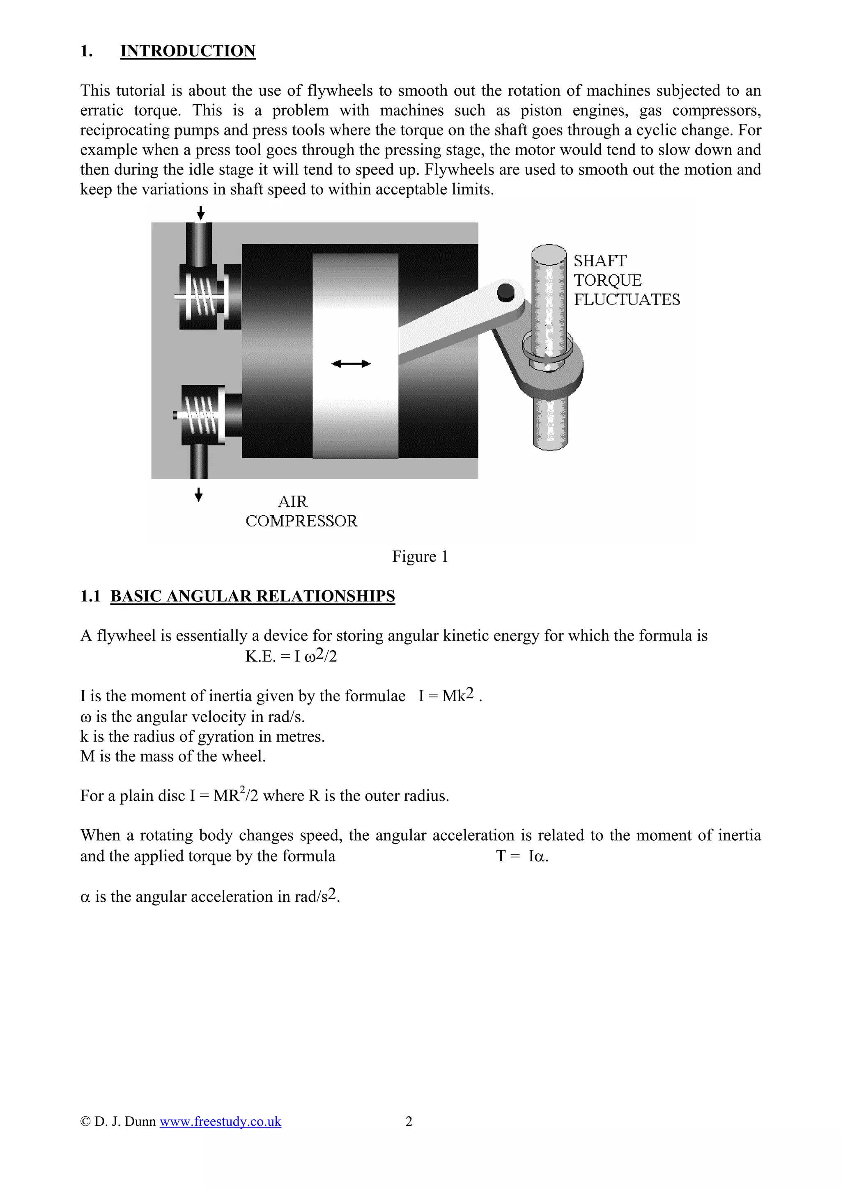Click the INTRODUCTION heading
(188, 51)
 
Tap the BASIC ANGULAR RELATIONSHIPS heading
(253, 596)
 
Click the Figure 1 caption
(420, 556)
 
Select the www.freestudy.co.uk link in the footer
(220, 1121)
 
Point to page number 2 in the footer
(409, 1121)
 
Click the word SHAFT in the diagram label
(600, 261)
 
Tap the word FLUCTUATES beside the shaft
(627, 300)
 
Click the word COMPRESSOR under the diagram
(301, 521)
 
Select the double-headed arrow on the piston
(351, 364)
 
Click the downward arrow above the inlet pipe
(201, 213)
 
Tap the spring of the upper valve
(205, 297)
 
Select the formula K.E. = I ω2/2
(291, 656)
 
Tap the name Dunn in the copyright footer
(140, 1121)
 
